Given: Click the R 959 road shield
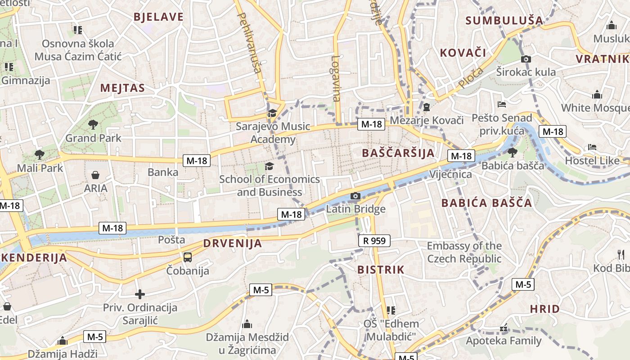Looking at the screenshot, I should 374,241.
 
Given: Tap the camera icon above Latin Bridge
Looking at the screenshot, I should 355,196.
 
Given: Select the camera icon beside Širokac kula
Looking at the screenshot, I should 526,59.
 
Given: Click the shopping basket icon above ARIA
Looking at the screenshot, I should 95,175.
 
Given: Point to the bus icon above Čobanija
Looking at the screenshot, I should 188,257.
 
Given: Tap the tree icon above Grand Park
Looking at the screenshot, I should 93,124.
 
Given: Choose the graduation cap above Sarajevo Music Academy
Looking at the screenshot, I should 272,113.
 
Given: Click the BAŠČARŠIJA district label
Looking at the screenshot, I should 398,153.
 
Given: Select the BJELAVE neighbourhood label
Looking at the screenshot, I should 158,17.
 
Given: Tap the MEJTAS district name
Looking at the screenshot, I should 122,88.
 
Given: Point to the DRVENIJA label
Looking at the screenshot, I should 232,243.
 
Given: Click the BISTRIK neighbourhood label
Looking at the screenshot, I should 381,270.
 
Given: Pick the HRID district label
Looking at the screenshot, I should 544,309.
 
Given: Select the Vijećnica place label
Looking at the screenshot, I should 450,174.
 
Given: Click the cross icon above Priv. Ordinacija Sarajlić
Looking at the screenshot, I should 140,294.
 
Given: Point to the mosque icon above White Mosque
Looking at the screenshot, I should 597,95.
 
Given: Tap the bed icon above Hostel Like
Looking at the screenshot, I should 592,147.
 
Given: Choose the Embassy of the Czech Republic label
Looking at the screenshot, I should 464,252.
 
